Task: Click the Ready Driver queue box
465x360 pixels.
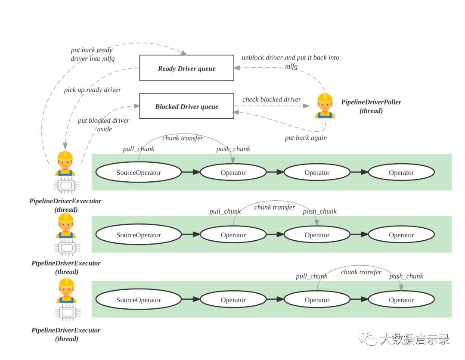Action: click(x=186, y=68)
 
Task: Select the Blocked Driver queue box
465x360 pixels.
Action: click(x=186, y=106)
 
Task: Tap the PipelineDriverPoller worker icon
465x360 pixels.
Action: click(x=325, y=106)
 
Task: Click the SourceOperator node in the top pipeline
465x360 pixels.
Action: click(x=138, y=173)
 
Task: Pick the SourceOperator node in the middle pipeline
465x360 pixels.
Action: click(x=138, y=235)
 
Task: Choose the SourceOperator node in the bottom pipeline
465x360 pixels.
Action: click(x=138, y=300)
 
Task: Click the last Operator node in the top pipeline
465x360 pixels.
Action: click(x=401, y=173)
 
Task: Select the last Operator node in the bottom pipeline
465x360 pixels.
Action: click(x=401, y=300)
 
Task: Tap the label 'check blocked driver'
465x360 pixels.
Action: click(x=271, y=99)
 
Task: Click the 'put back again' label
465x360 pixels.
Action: click(x=306, y=138)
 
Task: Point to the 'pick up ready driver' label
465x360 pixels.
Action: click(x=92, y=90)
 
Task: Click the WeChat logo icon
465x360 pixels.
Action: click(x=368, y=338)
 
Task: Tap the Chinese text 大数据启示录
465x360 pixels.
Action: click(x=414, y=339)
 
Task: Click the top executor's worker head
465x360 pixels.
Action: click(x=65, y=160)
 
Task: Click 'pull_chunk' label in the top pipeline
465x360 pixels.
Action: click(x=138, y=149)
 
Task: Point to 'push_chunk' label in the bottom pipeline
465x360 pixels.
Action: click(x=406, y=276)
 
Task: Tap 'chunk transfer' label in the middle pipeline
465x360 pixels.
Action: click(x=274, y=208)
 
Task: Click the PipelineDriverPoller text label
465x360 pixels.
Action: click(x=371, y=102)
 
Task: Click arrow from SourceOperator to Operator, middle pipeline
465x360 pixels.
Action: click(x=191, y=235)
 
